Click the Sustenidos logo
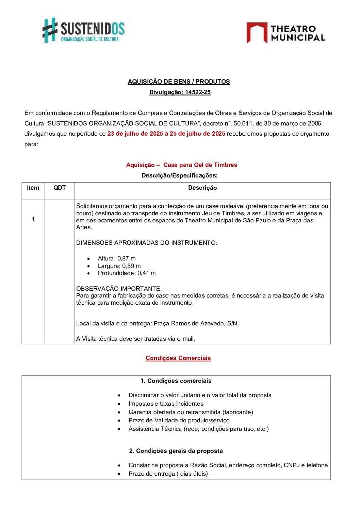[83, 30]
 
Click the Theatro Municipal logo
[285, 33]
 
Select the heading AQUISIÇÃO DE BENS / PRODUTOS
[179, 82]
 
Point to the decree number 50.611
[243, 123]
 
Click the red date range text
[166, 134]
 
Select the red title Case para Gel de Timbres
[200, 165]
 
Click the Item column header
[33, 188]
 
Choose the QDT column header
[60, 188]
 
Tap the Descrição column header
[202, 188]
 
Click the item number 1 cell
[33, 219]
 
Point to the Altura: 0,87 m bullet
[116, 258]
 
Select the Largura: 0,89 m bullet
[119, 266]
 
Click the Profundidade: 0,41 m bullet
[127, 273]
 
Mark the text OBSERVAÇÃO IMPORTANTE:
[119, 289]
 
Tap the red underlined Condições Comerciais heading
[178, 358]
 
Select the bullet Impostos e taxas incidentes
[166, 404]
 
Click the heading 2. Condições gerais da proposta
[176, 451]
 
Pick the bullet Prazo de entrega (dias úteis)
[168, 474]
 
